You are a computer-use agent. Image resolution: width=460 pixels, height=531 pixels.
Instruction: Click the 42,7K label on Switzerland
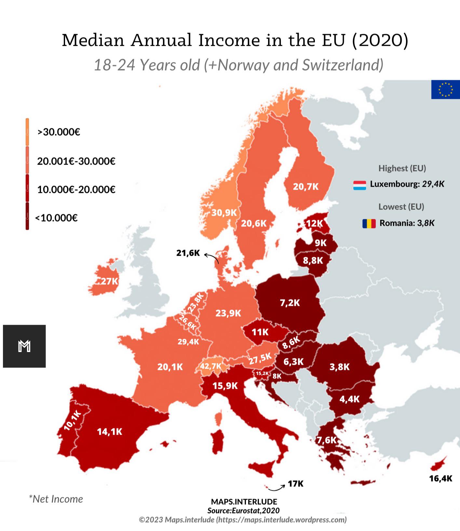[210, 366]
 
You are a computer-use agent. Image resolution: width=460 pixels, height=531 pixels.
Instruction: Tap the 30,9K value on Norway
[224, 213]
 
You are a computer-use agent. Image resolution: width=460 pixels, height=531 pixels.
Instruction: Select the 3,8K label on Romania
[339, 367]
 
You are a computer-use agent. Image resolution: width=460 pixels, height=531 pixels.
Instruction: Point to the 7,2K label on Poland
[290, 303]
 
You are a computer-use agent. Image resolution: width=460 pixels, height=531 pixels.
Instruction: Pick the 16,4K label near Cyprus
[440, 478]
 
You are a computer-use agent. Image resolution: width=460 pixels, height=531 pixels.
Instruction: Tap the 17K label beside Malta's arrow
[295, 484]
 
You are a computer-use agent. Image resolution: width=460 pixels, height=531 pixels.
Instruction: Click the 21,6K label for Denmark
[188, 253]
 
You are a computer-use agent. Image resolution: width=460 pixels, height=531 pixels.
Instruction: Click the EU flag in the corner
[445, 89]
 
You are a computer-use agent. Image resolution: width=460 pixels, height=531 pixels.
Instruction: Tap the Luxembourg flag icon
[359, 185]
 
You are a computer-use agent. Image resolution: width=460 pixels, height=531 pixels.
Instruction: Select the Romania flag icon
[369, 224]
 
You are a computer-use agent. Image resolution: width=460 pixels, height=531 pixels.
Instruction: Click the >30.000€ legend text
[59, 132]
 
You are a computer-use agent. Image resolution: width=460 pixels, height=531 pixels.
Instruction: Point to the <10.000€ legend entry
[56, 218]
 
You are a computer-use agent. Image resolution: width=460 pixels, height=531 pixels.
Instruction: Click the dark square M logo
[24, 346]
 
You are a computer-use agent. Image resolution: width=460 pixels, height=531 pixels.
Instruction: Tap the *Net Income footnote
[56, 499]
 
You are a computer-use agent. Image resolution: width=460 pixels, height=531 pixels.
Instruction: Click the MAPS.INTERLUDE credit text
[244, 502]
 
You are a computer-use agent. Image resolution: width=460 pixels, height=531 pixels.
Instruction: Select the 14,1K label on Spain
[110, 432]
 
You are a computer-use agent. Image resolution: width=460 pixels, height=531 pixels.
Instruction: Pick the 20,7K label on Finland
[305, 187]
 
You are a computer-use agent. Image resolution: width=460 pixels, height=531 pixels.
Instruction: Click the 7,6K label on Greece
[327, 440]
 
